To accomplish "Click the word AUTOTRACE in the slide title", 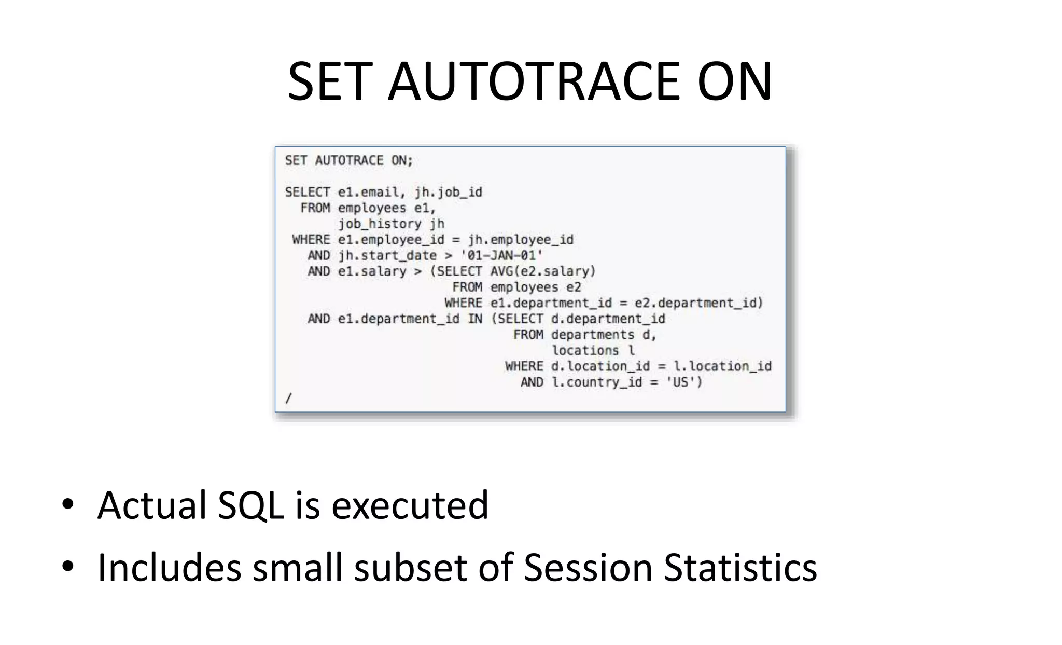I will pyautogui.click(x=534, y=81).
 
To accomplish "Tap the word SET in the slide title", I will pyautogui.click(x=330, y=81).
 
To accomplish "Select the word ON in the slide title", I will pyautogui.click(x=734, y=81).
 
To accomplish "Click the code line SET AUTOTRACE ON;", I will pyautogui.click(x=348, y=161).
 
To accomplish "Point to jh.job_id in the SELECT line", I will pyautogui.click(x=448, y=193).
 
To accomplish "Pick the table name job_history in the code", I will pyautogui.click(x=380, y=224).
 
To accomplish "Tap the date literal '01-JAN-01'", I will pyautogui.click(x=501, y=256).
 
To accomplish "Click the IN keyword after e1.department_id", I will pyautogui.click(x=475, y=319).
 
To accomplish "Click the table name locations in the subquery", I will pyautogui.click(x=585, y=351).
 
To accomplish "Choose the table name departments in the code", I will pyautogui.click(x=593, y=335).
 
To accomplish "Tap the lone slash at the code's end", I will pyautogui.click(x=289, y=398).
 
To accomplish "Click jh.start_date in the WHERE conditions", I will pyautogui.click(x=387, y=256).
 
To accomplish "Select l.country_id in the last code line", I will pyautogui.click(x=596, y=382).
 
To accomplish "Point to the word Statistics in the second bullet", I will pyautogui.click(x=740, y=568).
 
